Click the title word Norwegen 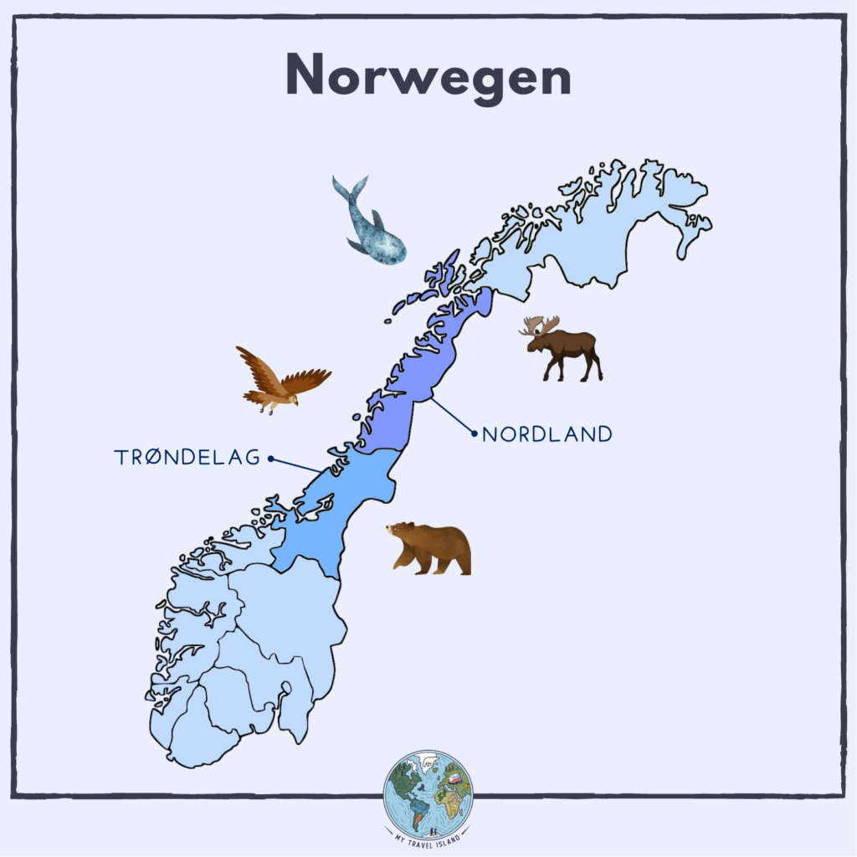point(428,76)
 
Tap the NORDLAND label point(547,434)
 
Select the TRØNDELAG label point(187,458)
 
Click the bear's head point(400,533)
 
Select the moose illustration point(563,346)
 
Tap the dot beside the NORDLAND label point(475,434)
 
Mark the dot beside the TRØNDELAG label point(270,458)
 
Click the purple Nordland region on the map point(418,385)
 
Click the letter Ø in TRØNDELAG point(153,458)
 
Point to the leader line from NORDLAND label point(453,417)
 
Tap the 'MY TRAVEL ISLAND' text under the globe point(428,844)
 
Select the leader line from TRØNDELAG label point(295,465)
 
